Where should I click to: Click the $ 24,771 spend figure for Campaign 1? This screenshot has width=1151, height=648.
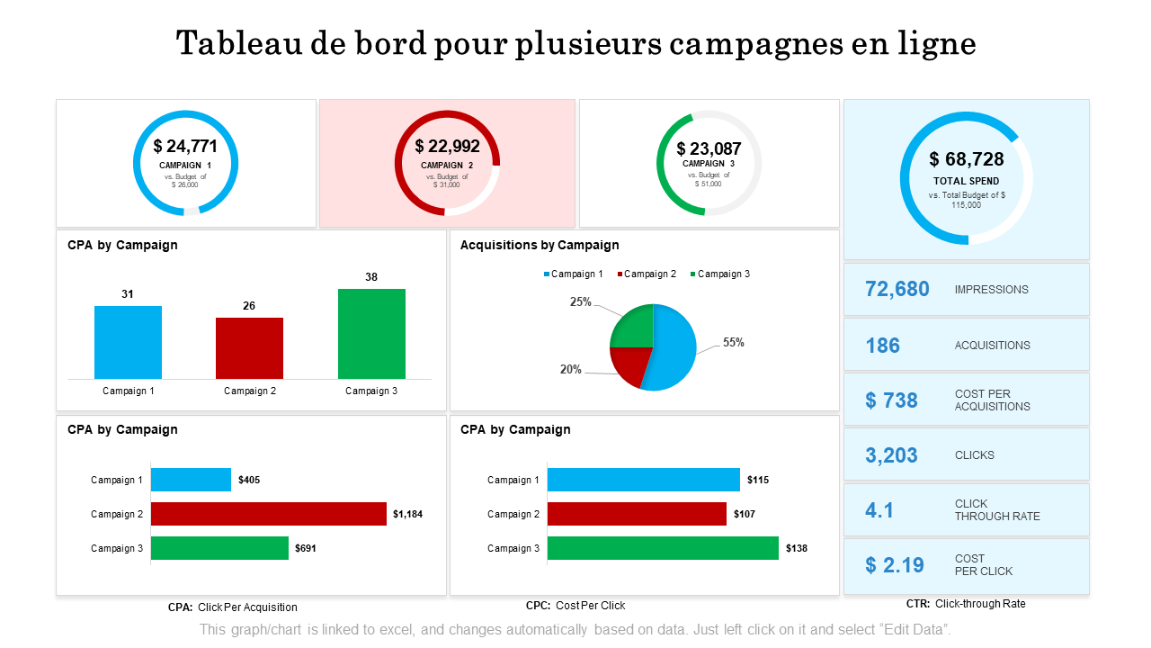[185, 146]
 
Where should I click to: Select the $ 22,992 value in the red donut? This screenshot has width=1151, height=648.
[447, 146]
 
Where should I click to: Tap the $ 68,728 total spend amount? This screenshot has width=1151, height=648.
[967, 159]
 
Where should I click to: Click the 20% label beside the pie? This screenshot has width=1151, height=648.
[570, 369]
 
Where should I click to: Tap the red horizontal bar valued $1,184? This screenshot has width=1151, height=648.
[268, 514]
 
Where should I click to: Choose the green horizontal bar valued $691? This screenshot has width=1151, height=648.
[219, 548]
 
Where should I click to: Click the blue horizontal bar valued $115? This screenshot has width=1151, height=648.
[643, 480]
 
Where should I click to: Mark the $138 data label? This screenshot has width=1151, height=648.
[797, 548]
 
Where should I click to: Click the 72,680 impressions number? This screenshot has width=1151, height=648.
[897, 289]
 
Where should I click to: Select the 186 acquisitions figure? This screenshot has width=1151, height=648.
[882, 346]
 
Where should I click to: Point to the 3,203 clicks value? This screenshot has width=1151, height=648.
[891, 455]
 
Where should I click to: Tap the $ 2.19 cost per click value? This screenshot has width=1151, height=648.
[894, 565]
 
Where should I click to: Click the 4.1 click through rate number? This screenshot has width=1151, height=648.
[879, 510]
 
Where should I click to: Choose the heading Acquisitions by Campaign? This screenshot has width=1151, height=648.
[540, 245]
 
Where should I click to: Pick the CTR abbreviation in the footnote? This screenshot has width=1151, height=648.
[918, 604]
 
